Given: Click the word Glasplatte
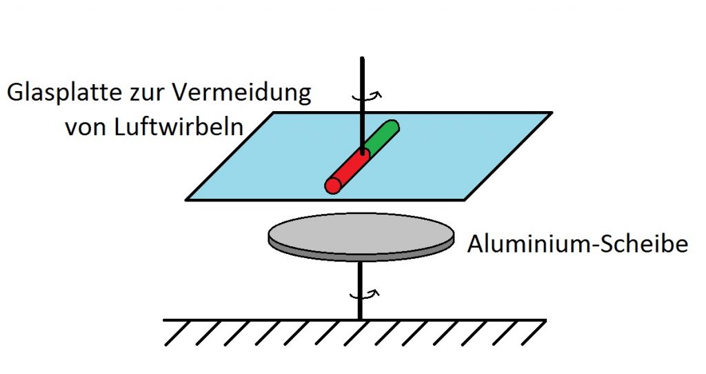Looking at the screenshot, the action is click(x=64, y=93).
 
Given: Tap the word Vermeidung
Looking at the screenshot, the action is click(x=242, y=92).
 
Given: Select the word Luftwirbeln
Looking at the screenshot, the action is click(x=179, y=126).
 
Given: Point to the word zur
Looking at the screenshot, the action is click(x=148, y=95).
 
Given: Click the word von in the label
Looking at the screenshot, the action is click(x=86, y=128).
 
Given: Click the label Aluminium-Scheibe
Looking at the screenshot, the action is click(x=578, y=244).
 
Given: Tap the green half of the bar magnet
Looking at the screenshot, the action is click(x=382, y=135).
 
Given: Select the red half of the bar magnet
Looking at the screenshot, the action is click(x=348, y=170).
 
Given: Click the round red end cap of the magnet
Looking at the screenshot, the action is click(x=333, y=185).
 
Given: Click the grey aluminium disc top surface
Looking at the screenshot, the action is click(x=361, y=233).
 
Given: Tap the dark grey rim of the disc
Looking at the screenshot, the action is click(x=361, y=257).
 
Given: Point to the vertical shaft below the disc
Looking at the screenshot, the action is click(x=360, y=291).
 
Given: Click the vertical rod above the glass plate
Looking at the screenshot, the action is click(x=362, y=104).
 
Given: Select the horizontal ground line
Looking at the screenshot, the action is click(x=355, y=320).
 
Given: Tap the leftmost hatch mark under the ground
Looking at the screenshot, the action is click(x=179, y=333).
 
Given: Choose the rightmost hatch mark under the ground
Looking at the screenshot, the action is click(x=533, y=333).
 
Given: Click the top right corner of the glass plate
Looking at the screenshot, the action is click(x=551, y=112).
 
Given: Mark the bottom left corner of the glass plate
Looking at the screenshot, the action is click(x=187, y=199).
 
